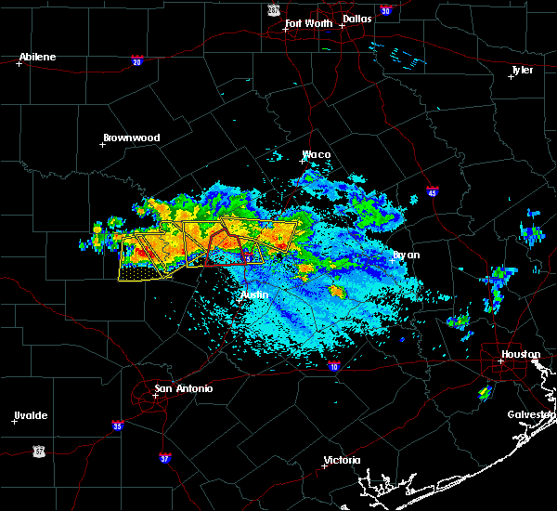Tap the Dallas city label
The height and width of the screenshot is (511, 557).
coord(359,18)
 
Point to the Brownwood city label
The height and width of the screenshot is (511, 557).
coord(131,138)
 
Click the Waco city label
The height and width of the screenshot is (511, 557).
coord(317,154)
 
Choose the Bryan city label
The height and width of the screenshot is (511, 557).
coord(406,254)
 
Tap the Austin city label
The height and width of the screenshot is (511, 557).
coord(254,295)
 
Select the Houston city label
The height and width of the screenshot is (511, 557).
coord(520,354)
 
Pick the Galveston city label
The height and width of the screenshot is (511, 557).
coord(531,414)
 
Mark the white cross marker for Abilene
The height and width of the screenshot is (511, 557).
coord(19,63)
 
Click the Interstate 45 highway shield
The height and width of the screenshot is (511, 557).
coord(432,192)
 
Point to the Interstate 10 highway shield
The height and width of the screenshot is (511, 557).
coord(332,366)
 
